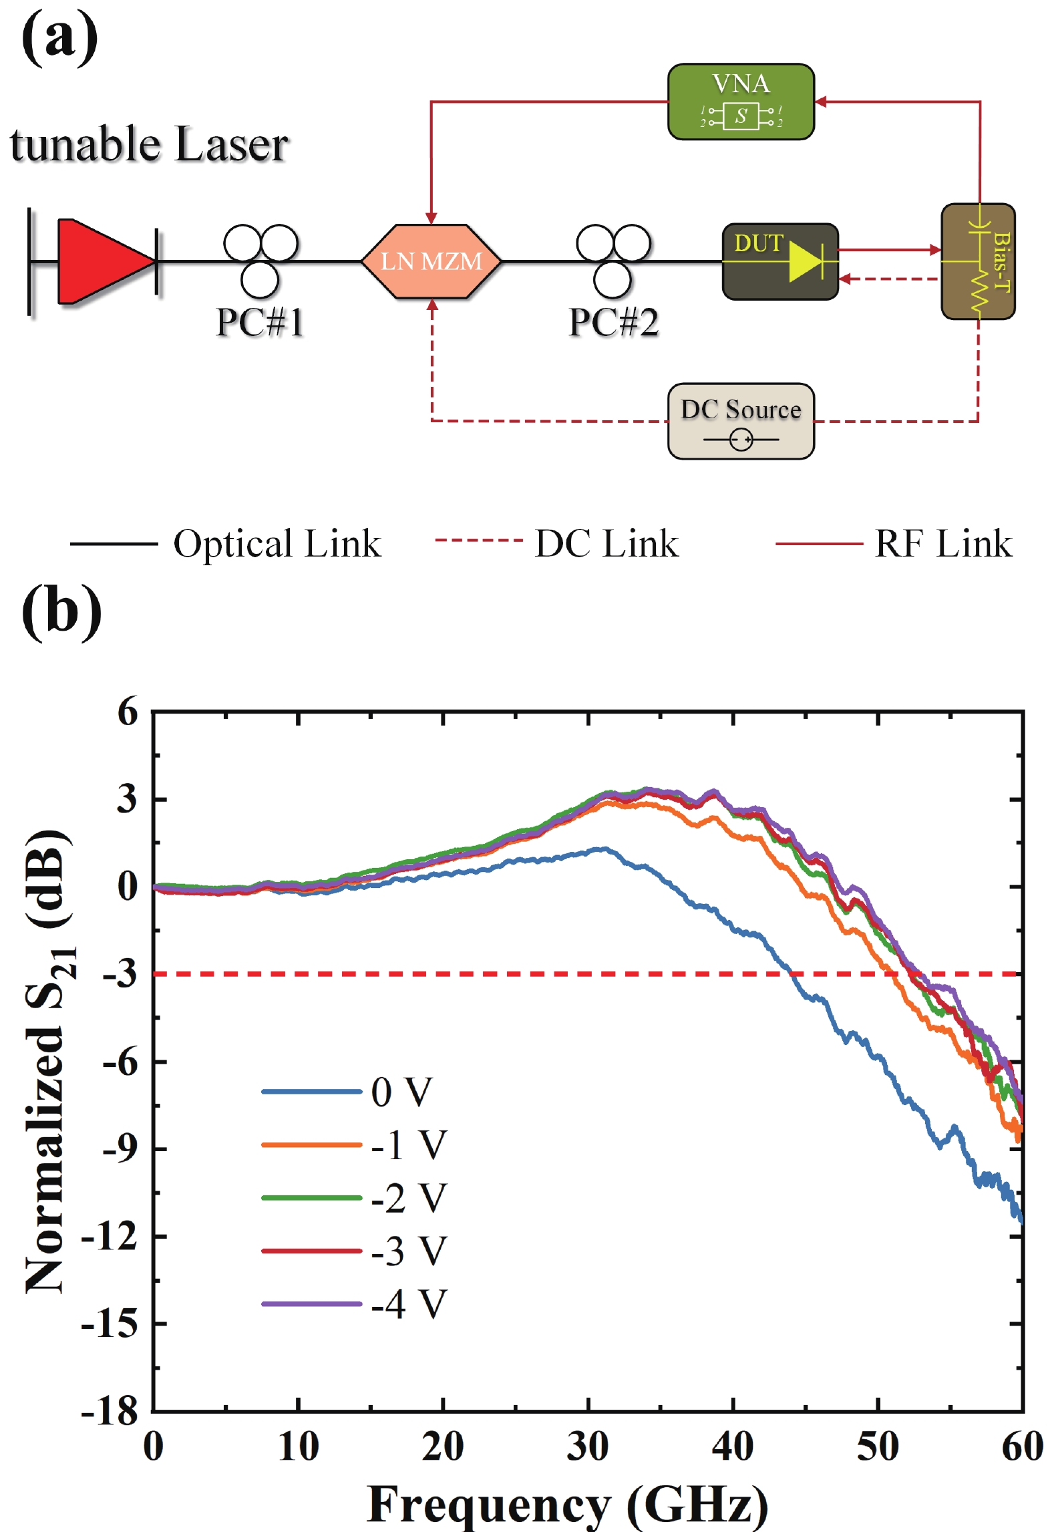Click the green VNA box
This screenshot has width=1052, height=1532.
(740, 102)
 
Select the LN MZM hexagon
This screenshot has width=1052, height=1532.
(431, 261)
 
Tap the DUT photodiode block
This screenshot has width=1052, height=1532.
(779, 261)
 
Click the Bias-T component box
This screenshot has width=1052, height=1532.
(977, 261)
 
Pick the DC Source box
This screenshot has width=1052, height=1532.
(740, 421)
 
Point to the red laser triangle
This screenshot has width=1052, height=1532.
(100, 261)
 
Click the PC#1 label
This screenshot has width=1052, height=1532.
(260, 322)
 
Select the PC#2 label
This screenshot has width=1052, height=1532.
(613, 322)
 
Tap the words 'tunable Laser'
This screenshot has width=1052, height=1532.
(149, 144)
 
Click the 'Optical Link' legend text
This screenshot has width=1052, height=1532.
(277, 543)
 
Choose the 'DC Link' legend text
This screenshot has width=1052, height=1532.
(606, 543)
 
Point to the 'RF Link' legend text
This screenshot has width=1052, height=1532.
(943, 543)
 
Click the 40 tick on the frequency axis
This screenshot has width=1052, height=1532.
(733, 1446)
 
